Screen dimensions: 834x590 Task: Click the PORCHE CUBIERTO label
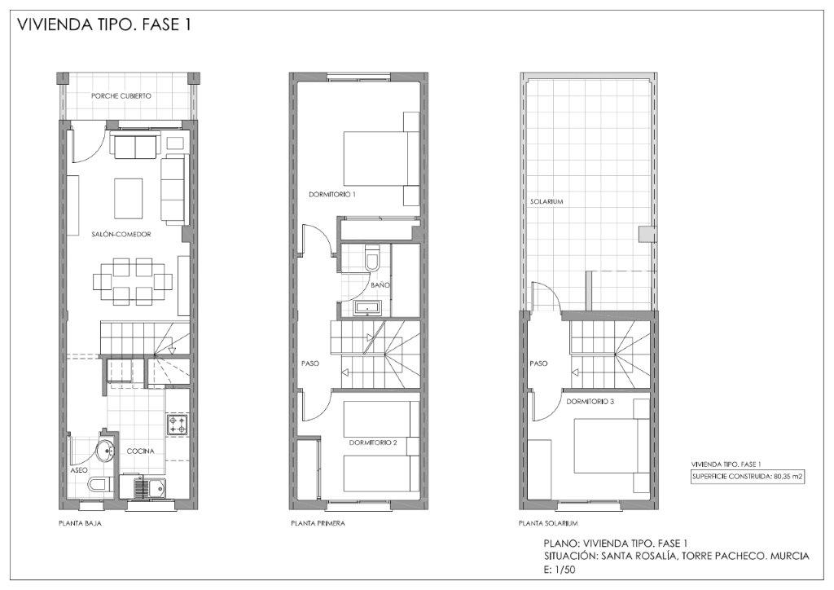[121, 96]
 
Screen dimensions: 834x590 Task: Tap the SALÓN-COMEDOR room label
[121, 234]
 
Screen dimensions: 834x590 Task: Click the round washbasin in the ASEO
[106, 452]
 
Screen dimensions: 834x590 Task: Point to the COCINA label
[140, 451]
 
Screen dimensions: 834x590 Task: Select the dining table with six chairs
[133, 281]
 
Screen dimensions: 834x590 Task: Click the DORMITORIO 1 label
[332, 195]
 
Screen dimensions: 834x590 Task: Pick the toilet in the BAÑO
[371, 258]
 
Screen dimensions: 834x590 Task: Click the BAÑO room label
[380, 285]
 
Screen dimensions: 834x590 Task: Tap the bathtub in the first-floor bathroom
[367, 308]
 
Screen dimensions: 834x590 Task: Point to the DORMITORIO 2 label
[373, 442]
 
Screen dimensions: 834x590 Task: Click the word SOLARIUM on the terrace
[546, 202]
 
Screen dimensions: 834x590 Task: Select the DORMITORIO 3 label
[590, 402]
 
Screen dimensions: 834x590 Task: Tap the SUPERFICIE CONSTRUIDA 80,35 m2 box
[748, 477]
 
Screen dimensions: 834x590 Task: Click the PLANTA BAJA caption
[80, 523]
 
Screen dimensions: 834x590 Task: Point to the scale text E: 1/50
[560, 570]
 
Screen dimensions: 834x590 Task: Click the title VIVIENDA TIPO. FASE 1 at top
[104, 24]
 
